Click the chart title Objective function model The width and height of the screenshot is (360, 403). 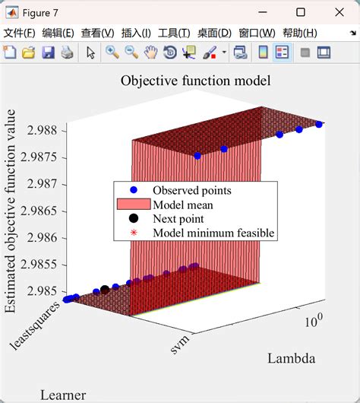click(195, 81)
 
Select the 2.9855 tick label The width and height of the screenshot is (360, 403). click(41, 264)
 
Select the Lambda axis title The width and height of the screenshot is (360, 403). click(291, 358)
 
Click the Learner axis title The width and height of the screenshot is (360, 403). click(63, 395)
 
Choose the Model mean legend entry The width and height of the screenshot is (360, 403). click(183, 205)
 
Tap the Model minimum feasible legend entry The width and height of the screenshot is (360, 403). click(213, 233)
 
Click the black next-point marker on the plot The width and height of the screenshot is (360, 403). click(105, 290)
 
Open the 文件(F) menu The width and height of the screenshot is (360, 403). click(19, 33)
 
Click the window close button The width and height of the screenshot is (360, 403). click(339, 11)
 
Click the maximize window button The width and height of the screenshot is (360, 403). click(301, 11)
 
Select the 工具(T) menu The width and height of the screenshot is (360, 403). click(174, 33)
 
